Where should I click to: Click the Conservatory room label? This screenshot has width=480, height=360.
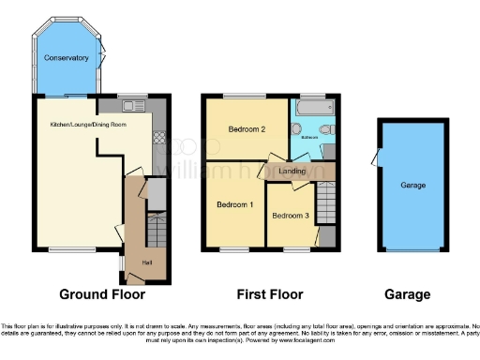(67, 58)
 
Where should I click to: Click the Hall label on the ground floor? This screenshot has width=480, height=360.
(146, 262)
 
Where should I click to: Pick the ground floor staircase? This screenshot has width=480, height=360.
(156, 230)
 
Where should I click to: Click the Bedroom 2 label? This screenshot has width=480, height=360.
(247, 131)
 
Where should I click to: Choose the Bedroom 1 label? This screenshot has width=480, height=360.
(234, 204)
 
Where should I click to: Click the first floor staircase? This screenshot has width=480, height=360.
(325, 200)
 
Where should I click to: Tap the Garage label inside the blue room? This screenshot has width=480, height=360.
(412, 186)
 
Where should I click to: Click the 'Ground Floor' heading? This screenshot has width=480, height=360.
(102, 294)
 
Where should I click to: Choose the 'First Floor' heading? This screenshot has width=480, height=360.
(269, 294)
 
